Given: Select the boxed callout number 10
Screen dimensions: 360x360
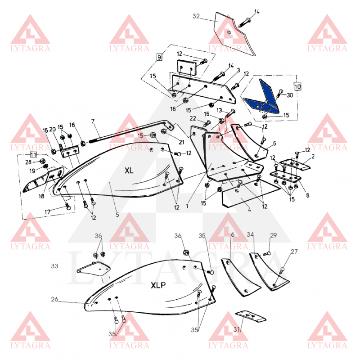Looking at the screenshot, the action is (297, 86).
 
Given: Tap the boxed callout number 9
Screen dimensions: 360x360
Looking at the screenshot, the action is (159, 57).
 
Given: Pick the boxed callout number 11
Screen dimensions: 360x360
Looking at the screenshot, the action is (33, 154).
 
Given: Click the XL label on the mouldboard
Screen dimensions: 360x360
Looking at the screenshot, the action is (129, 171).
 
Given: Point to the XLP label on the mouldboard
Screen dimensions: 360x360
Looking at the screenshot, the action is (158, 285).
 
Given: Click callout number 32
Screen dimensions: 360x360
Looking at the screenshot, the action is (196, 16).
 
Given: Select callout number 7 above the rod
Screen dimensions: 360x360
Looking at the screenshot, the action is (93, 121).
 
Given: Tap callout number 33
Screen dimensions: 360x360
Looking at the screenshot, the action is (54, 266).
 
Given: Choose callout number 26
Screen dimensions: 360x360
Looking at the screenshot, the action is (54, 299).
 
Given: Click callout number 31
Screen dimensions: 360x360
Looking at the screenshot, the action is (237, 329).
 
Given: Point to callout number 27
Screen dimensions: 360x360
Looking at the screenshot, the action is (294, 252).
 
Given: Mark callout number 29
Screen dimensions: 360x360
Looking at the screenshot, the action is (274, 235).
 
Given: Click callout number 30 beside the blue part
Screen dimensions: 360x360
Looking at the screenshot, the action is (290, 95).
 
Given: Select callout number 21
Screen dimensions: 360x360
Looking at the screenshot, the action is (181, 142).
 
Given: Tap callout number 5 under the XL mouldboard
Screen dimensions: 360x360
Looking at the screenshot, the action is (117, 215).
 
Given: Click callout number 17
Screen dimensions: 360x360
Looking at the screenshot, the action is (47, 211).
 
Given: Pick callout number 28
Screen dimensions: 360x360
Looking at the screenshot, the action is (28, 162).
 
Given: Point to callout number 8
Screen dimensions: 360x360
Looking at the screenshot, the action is (308, 195).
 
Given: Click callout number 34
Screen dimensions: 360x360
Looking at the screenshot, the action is (250, 234).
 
